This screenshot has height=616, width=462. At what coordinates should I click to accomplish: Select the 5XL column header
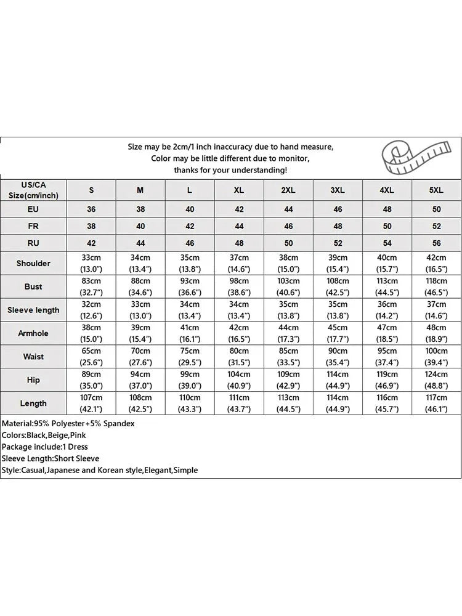(436, 190)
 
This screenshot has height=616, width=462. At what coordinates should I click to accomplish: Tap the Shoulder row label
(33, 263)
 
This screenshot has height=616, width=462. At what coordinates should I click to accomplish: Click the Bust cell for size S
(91, 286)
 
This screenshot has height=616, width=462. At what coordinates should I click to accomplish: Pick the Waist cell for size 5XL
(436, 357)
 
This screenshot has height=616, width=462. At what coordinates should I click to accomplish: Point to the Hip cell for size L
(190, 380)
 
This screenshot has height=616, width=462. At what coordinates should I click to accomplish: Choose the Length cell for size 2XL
(288, 403)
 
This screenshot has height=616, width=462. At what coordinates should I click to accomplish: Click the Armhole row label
(33, 333)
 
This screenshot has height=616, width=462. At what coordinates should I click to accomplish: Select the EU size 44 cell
(288, 209)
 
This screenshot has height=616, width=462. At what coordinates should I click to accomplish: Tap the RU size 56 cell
(436, 243)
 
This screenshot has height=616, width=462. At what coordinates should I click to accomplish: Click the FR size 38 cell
(91, 226)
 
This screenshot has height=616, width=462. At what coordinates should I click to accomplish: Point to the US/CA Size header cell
(33, 190)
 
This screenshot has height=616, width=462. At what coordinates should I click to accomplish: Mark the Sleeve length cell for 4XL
(387, 310)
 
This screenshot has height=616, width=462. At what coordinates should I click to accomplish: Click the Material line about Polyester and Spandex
(68, 424)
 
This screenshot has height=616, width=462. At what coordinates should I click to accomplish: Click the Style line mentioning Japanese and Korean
(100, 470)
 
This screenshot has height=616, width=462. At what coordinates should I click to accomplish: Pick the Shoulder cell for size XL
(239, 263)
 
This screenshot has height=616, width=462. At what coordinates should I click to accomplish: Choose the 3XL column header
(338, 190)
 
